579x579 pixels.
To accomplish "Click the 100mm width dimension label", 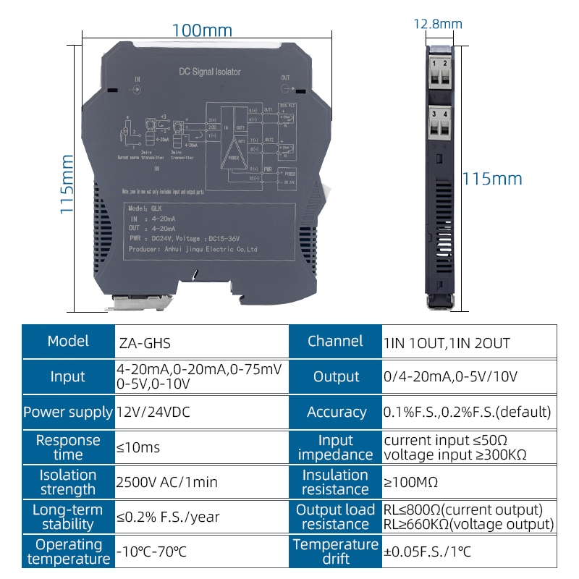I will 202,30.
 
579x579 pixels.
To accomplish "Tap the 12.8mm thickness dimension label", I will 438,25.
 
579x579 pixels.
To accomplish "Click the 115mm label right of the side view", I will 492,179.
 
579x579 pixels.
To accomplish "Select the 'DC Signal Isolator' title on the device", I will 209,72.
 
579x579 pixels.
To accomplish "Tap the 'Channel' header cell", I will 335,342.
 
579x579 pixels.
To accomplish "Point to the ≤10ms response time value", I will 138,447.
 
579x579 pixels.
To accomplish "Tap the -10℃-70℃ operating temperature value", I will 151,551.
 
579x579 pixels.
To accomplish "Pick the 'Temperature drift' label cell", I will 336,551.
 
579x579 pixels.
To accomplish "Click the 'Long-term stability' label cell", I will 68,517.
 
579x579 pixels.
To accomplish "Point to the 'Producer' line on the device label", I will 193,249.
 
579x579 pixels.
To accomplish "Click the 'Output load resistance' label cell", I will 336,517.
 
